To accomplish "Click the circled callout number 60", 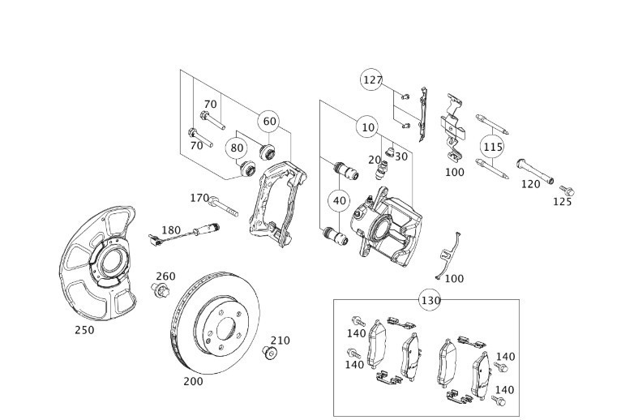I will (269, 122).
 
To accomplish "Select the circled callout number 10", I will (368, 127).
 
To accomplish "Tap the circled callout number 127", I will (372, 79).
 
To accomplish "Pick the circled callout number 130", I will (430, 300).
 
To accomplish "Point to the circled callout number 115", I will (492, 147).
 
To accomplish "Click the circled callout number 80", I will (237, 148).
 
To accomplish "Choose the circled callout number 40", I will (339, 201).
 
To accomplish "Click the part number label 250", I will (84, 330).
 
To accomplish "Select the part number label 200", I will (193, 381).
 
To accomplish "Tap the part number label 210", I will (280, 341).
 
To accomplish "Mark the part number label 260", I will (165, 276).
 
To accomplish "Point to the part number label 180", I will (171, 229).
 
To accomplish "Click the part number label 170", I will (199, 198).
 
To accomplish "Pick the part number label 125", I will (562, 202).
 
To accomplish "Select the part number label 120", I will (530, 184).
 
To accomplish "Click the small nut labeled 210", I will (270, 353).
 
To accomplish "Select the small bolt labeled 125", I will (567, 191).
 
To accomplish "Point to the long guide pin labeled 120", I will (535, 172).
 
